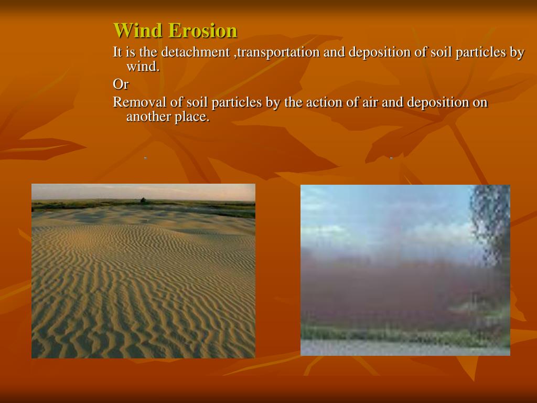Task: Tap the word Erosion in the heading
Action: [202, 30]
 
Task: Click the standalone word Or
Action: [121, 84]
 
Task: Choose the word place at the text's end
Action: [192, 117]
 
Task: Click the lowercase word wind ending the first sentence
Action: [142, 67]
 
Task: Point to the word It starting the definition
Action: [117, 52]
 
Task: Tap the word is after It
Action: [131, 52]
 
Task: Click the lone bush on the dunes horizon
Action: [143, 200]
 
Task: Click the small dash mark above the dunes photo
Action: [145, 157]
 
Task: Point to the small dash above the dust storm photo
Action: [391, 157]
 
